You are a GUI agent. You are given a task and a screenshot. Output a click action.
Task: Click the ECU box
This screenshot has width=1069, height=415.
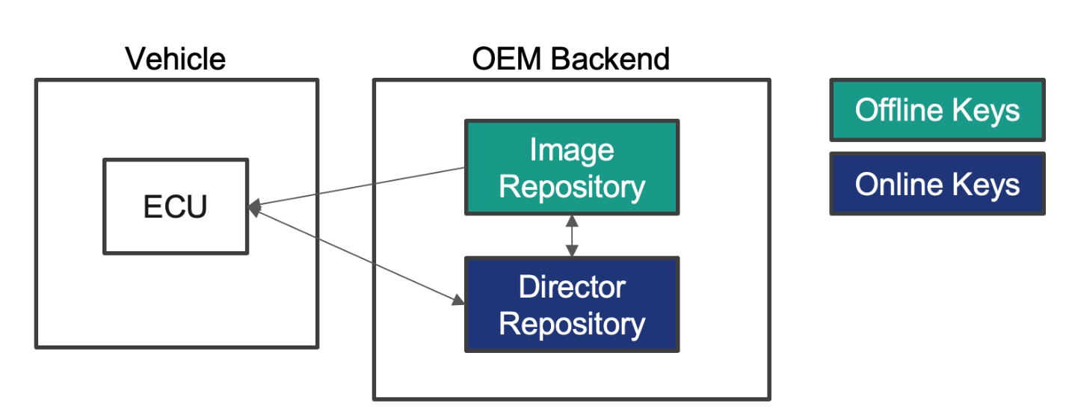click(176, 206)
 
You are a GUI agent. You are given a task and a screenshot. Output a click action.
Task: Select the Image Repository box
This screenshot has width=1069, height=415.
click(572, 167)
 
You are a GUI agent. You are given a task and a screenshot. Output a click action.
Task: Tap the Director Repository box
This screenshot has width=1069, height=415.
click(572, 304)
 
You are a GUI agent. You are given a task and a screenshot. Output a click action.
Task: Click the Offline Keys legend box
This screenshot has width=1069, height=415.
click(937, 110)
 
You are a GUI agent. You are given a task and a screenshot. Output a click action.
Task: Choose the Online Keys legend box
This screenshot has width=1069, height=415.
click(937, 184)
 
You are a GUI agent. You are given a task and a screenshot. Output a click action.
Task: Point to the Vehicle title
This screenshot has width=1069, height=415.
click(175, 59)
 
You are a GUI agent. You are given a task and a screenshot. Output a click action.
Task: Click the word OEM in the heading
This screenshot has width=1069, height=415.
click(506, 59)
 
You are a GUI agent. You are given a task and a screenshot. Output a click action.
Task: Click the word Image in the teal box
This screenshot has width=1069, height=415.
click(572, 151)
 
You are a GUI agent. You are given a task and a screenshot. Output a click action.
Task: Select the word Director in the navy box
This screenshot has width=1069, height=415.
click(572, 287)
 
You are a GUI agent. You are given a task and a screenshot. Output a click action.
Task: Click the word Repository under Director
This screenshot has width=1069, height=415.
click(572, 325)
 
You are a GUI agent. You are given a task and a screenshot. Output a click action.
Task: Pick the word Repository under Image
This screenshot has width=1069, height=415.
click(572, 187)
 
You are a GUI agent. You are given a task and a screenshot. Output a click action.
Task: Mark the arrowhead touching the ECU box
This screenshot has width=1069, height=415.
click(255, 208)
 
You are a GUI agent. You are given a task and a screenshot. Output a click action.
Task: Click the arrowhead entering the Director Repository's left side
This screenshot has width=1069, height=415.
click(458, 300)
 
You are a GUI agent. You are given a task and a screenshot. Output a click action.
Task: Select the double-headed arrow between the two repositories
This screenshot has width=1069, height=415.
click(572, 236)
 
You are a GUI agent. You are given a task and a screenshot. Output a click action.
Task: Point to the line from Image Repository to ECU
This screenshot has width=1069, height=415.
click(357, 187)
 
